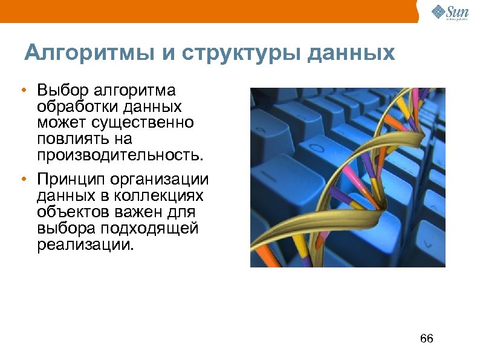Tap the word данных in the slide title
point(351,53)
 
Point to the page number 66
point(426,338)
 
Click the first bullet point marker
point(22,91)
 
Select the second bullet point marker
point(22,180)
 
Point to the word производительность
point(118,155)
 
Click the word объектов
point(68,212)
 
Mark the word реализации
point(83,245)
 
